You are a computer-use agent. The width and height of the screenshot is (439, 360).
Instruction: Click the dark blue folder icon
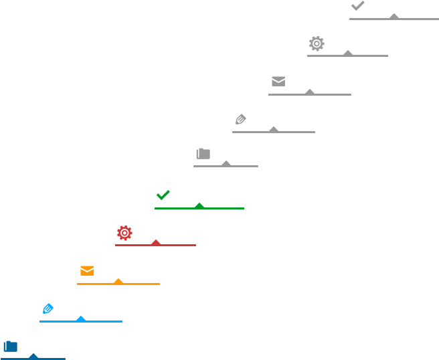(x=10, y=346)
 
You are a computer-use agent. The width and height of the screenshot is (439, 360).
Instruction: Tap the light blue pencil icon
(x=48, y=308)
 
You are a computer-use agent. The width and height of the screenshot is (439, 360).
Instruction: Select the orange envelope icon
(x=87, y=270)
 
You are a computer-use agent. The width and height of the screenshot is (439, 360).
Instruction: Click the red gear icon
(x=124, y=233)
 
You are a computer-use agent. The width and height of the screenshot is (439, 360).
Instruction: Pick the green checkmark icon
(x=163, y=195)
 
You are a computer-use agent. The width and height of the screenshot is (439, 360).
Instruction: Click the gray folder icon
(x=203, y=153)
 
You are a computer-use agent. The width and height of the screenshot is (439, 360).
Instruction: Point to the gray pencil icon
(x=240, y=119)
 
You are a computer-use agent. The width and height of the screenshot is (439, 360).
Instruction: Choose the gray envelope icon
(x=278, y=81)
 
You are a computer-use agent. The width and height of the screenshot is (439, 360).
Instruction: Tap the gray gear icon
(x=317, y=43)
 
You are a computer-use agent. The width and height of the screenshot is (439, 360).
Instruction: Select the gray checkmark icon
(x=357, y=6)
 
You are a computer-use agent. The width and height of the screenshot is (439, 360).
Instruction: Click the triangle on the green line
(x=199, y=205)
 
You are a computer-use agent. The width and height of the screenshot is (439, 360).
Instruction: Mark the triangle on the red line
(x=156, y=242)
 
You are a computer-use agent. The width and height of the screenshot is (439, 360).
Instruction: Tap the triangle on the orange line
(x=118, y=280)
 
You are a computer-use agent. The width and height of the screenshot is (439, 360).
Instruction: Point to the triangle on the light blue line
(x=81, y=318)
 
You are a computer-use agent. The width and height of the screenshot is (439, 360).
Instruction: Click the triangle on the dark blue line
(x=33, y=355)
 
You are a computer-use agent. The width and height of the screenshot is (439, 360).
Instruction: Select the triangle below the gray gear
(x=348, y=52)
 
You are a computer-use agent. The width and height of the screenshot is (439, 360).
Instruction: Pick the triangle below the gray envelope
(x=310, y=91)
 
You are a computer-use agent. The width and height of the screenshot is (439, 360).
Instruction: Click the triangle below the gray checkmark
(x=394, y=15)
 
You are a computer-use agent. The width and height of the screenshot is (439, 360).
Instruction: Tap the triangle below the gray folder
(x=226, y=163)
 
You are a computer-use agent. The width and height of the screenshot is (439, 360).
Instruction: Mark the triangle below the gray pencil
(x=274, y=128)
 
